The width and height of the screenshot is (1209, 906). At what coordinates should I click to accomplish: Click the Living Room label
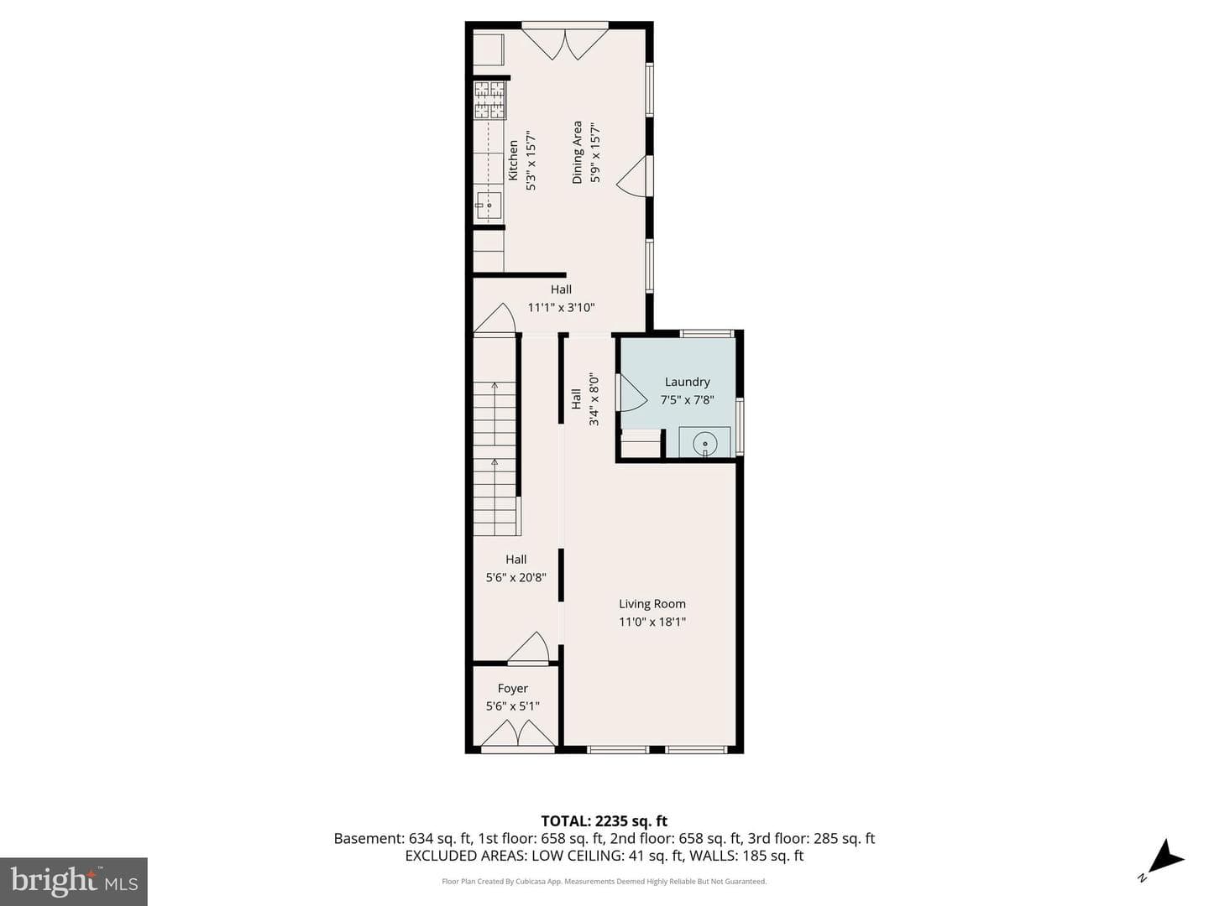coord(652,603)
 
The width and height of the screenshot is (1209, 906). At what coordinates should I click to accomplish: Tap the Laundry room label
coord(687,382)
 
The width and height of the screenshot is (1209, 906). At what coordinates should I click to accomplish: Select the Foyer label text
coord(512,688)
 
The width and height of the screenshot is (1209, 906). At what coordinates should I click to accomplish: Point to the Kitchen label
coord(513,160)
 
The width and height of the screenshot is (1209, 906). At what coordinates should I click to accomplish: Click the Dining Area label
coord(577,153)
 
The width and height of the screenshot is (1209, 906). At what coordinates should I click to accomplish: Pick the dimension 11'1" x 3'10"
coord(562,308)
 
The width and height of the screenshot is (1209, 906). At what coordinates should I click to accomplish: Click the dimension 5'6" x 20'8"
coord(516,578)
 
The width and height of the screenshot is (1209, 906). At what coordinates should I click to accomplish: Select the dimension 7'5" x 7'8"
coord(687,400)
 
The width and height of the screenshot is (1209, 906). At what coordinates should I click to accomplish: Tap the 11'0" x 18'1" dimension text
coord(652,622)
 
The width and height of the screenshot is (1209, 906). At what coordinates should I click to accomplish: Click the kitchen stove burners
coord(489,100)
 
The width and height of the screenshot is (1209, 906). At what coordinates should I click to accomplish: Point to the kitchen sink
coord(489,206)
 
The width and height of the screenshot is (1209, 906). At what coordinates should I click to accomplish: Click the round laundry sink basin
coord(704,442)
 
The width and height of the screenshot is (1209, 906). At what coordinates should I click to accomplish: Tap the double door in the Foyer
coord(518,732)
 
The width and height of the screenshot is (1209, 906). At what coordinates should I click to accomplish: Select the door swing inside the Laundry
coord(631,393)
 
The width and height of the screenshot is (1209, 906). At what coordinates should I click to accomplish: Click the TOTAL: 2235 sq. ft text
coord(604,820)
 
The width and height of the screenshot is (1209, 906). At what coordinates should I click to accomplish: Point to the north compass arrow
coord(1166,871)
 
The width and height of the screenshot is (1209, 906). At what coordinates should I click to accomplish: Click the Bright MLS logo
coord(74,881)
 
